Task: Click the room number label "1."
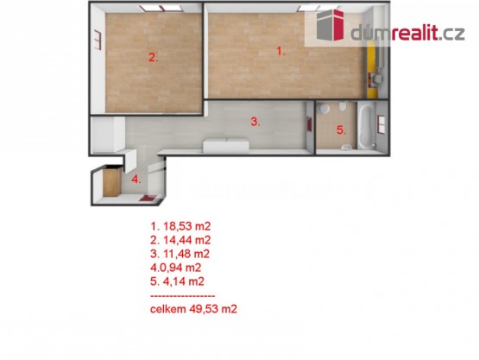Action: point(280,51)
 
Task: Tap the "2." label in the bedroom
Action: point(154,58)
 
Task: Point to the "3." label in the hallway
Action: point(255,122)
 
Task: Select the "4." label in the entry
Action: point(136,180)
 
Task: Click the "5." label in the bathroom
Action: point(341,130)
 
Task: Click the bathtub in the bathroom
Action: point(367,126)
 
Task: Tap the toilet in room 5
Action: point(343,105)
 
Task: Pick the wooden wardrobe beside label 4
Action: point(112,182)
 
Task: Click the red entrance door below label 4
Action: point(148,198)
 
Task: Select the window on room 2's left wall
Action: point(98,40)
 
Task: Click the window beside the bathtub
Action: point(381,124)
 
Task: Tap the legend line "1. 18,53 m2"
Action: point(180,226)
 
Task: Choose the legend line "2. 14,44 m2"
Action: point(180,240)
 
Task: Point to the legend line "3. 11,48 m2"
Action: point(180,254)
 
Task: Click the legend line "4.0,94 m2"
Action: point(176,268)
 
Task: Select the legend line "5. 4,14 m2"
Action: point(177,281)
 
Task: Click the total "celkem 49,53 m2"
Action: point(193,309)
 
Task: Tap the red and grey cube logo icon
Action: point(331,25)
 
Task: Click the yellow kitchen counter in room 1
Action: point(371,70)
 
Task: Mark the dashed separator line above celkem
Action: point(183,296)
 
